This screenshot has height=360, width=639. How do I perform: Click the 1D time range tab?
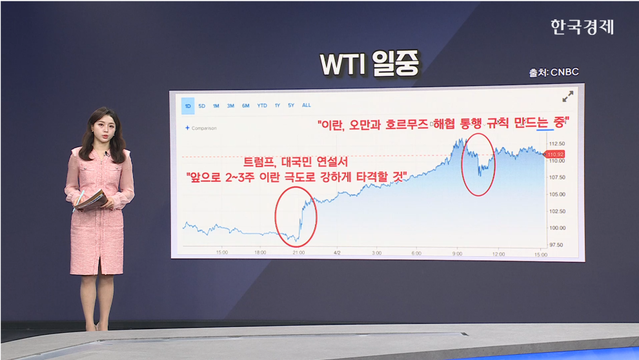[188, 105]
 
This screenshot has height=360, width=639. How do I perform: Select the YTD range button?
[262, 105]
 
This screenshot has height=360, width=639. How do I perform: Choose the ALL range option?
[306, 105]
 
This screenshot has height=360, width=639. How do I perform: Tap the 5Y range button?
[291, 105]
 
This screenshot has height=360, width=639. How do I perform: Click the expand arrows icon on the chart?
[568, 97]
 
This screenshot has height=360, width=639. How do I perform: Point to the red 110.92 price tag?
[555, 154]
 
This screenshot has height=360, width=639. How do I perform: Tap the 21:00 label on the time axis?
[298, 254]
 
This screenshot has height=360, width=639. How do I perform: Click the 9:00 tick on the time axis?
[457, 254]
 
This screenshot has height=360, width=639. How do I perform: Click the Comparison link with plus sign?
[201, 128]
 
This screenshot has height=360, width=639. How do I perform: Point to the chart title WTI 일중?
[370, 65]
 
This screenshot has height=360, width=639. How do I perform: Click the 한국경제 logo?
[582, 26]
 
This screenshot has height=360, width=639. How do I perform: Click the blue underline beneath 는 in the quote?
[545, 130]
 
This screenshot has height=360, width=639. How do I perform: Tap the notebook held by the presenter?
[92, 199]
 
